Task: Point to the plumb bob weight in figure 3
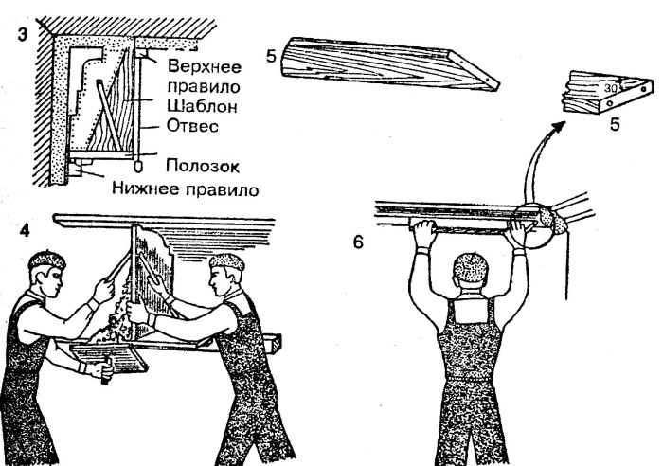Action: [x=139, y=150]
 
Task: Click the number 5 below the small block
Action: [x=615, y=124]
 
